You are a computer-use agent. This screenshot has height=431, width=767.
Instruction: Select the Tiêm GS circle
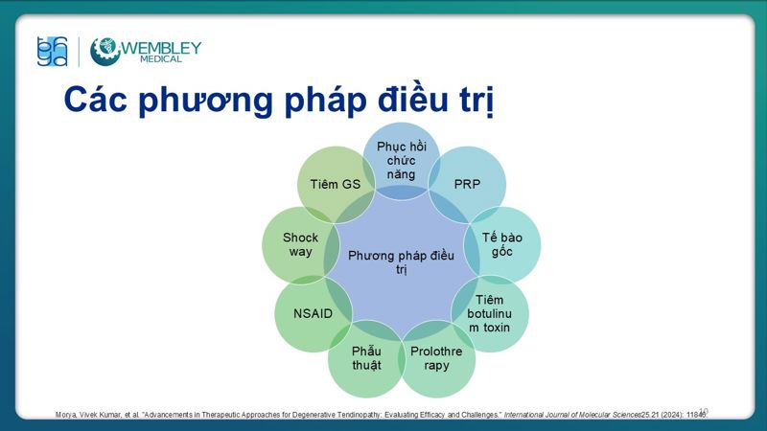pos(336,184)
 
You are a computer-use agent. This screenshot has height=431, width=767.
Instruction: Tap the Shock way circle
pos(300,244)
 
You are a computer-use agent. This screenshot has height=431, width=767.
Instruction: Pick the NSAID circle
pos(314,313)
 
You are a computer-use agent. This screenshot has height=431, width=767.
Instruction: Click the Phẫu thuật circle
pos(366,358)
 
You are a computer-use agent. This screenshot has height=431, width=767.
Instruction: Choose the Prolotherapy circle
pos(436,358)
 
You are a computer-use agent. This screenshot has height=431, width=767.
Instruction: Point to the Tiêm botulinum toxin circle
pos(489,313)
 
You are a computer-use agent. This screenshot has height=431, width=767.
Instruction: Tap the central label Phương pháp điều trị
pos(401,261)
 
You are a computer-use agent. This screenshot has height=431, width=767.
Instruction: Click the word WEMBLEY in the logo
pos(162,47)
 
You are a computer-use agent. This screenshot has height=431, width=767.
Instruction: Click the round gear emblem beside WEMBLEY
pos(105,52)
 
